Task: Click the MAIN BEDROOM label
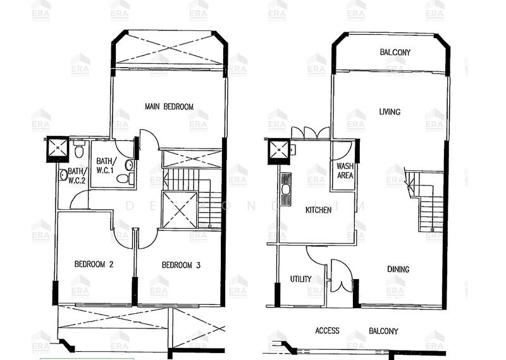point(169,106)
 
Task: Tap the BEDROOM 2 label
point(94,264)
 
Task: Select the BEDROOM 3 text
point(181,265)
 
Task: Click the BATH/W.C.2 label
point(76,175)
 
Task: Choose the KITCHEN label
point(318,209)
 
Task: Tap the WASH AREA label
point(345,171)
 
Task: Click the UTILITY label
point(300,279)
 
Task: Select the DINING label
point(398,269)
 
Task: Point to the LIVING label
point(390,112)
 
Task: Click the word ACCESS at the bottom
point(327,330)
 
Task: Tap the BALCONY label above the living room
point(395,52)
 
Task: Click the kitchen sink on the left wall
point(286,188)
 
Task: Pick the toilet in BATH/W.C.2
point(79,151)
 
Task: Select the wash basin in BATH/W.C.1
point(129,165)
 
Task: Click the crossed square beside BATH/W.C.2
point(58,147)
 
